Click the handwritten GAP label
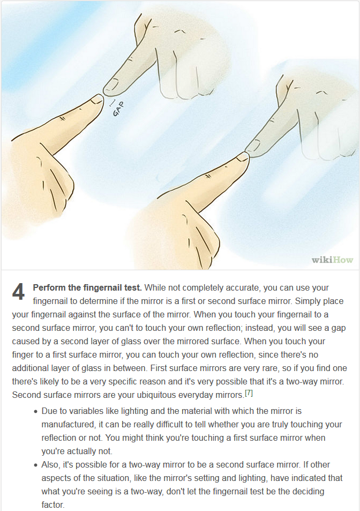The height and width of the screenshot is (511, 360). tap(119, 109)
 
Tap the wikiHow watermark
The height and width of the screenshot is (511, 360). tap(332, 260)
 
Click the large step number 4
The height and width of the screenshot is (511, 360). tap(18, 292)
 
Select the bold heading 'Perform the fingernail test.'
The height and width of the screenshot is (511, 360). tap(87, 288)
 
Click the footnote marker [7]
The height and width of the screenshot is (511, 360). tap(249, 393)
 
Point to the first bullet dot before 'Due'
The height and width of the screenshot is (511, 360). tap(36, 412)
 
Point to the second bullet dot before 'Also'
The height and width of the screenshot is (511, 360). tap(36, 465)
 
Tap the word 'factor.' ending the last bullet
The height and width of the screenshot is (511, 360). tap(53, 505)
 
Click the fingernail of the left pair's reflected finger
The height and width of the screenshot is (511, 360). tap(111, 85)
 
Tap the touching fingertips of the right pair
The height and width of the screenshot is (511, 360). tap(247, 154)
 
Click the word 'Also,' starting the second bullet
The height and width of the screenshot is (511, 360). tap(50, 465)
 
